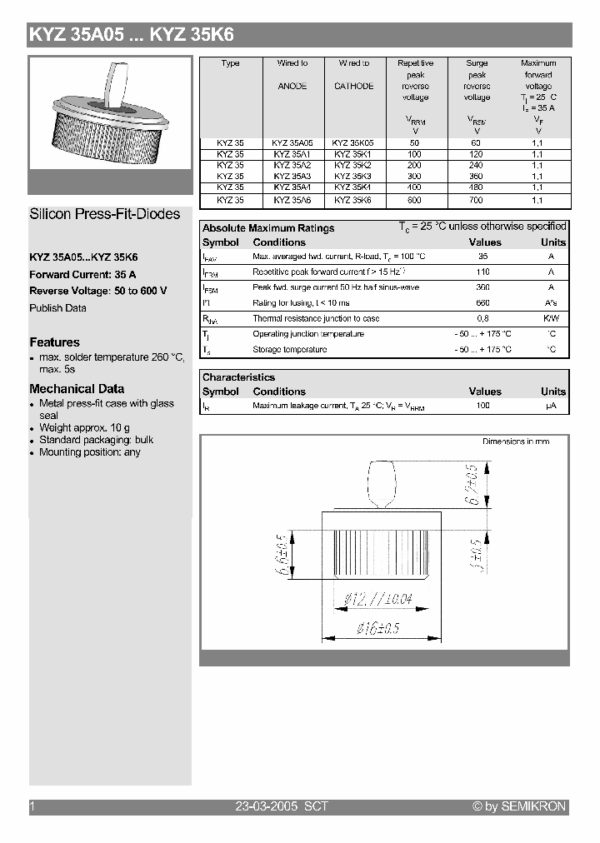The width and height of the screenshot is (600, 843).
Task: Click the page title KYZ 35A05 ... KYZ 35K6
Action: pyautogui.click(x=132, y=35)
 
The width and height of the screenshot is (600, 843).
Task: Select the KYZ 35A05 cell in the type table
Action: pyautogui.click(x=292, y=142)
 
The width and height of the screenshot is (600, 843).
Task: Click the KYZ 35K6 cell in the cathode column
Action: pyautogui.click(x=353, y=200)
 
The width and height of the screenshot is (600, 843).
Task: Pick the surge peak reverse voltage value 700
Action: pyautogui.click(x=477, y=200)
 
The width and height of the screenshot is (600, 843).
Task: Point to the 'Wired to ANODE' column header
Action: pyautogui.click(x=292, y=74)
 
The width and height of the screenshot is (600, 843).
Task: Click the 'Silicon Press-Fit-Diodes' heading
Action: pyautogui.click(x=105, y=214)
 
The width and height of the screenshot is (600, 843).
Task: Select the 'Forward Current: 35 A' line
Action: pyautogui.click(x=82, y=275)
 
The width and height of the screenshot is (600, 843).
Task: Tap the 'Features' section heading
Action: pyautogui.click(x=55, y=342)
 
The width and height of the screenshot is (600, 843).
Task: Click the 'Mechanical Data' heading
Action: pyautogui.click(x=77, y=389)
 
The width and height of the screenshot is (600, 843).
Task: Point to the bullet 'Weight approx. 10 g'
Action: pyautogui.click(x=84, y=427)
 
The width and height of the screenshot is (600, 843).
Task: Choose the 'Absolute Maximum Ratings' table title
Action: pyautogui.click(x=268, y=228)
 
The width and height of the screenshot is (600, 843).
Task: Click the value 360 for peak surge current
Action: pyautogui.click(x=482, y=287)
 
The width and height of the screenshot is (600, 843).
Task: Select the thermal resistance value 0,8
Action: pyautogui.click(x=482, y=318)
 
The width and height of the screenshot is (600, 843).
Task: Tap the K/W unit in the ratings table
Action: pyautogui.click(x=551, y=318)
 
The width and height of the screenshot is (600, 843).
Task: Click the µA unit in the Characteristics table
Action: pyautogui.click(x=551, y=406)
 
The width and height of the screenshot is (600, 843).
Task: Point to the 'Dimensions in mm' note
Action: pyautogui.click(x=516, y=441)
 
